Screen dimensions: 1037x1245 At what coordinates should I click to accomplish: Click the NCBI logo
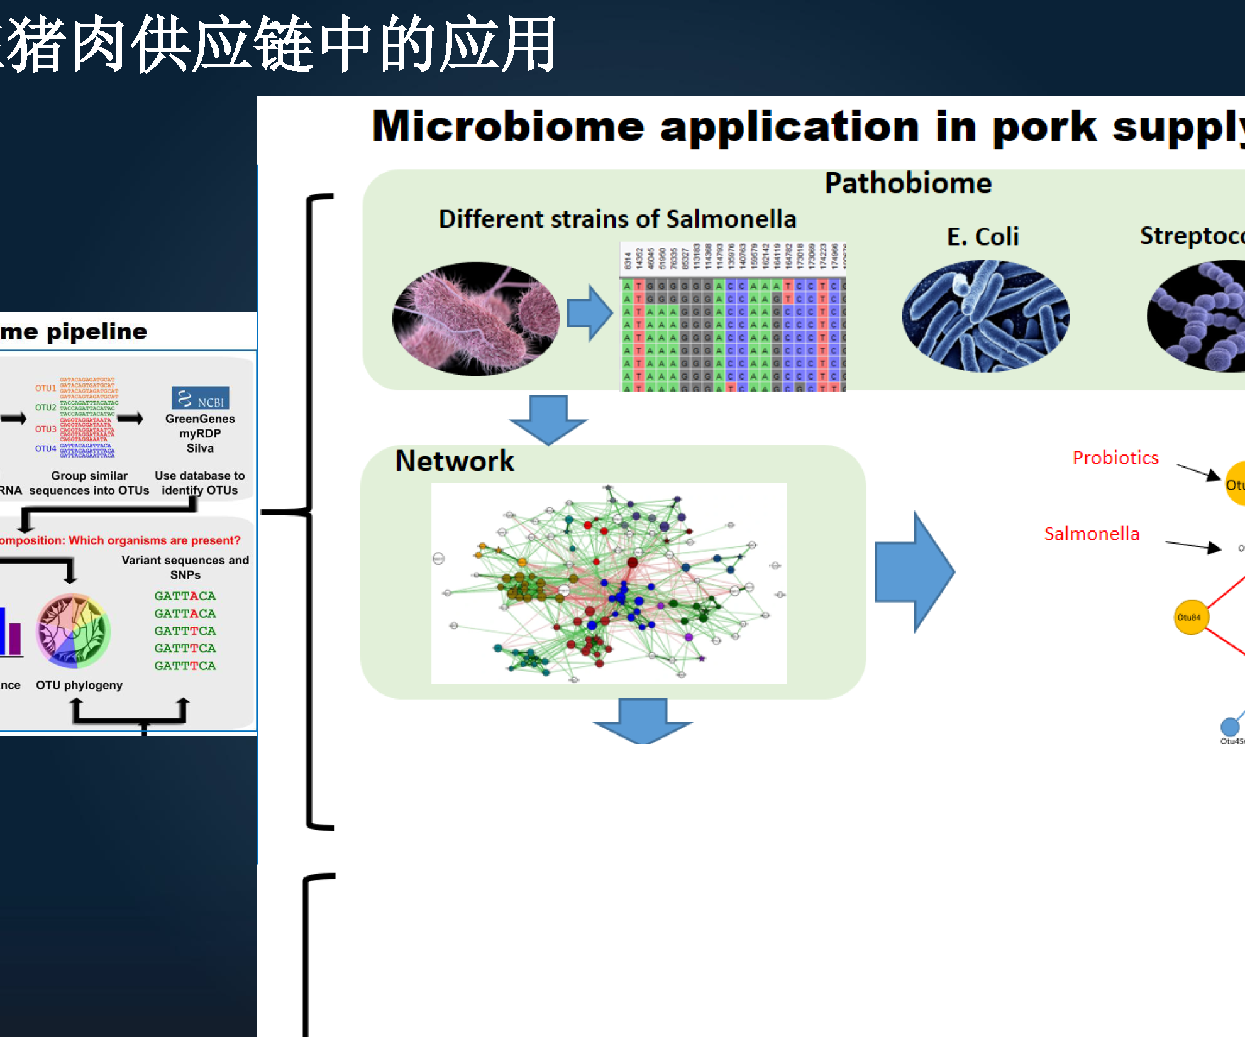point(200,398)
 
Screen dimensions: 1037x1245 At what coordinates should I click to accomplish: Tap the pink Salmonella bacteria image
point(475,319)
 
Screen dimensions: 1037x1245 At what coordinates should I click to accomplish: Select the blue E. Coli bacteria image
point(985,316)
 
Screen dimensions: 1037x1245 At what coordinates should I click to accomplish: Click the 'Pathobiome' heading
point(907,184)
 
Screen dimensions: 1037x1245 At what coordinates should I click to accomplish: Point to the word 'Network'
point(454,461)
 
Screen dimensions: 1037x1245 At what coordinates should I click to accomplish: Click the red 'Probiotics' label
point(1115,458)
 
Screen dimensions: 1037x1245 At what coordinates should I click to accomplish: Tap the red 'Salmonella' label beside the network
point(1091,534)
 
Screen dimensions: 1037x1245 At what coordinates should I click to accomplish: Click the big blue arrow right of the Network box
point(915,572)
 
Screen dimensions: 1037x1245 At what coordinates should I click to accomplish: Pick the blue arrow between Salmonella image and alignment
point(589,312)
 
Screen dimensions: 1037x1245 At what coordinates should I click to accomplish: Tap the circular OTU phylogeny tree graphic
point(74,630)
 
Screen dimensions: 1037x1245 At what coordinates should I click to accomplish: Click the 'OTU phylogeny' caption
point(79,685)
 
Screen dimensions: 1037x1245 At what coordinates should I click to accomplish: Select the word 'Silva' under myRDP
point(200,448)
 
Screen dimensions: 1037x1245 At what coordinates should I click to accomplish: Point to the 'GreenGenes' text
point(200,419)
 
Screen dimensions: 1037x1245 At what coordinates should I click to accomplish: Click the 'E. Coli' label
point(982,237)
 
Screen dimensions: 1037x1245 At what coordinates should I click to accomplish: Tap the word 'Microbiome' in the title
point(508,126)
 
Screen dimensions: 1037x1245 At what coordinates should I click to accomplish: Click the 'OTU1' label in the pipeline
point(45,388)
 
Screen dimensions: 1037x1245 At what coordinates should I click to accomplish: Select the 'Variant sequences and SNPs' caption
point(185,567)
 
